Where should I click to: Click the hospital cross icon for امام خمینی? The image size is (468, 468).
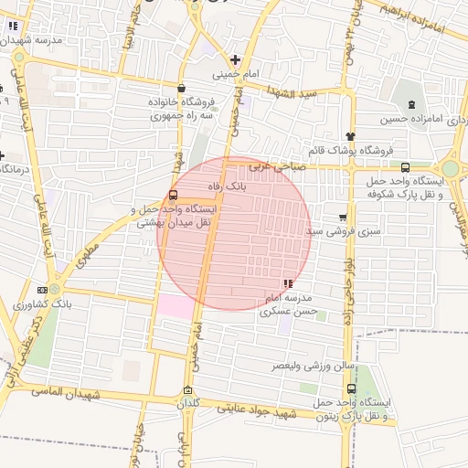coord(236,59)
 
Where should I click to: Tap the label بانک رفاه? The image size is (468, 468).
coord(227,186)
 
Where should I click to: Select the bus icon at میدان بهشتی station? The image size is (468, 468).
coord(174,195)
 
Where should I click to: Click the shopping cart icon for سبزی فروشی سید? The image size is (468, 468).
coord(343,218)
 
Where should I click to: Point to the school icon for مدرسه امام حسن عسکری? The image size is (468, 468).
coord(289,284)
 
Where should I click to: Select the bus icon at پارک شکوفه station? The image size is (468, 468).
coord(405,167)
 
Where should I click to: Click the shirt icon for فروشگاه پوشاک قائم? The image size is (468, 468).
coord(349,135)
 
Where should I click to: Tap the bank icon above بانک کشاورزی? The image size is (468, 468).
coord(41,288)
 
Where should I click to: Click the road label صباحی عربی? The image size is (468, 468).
coord(269,166)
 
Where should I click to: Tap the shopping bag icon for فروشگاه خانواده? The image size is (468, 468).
coord(181,89)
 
